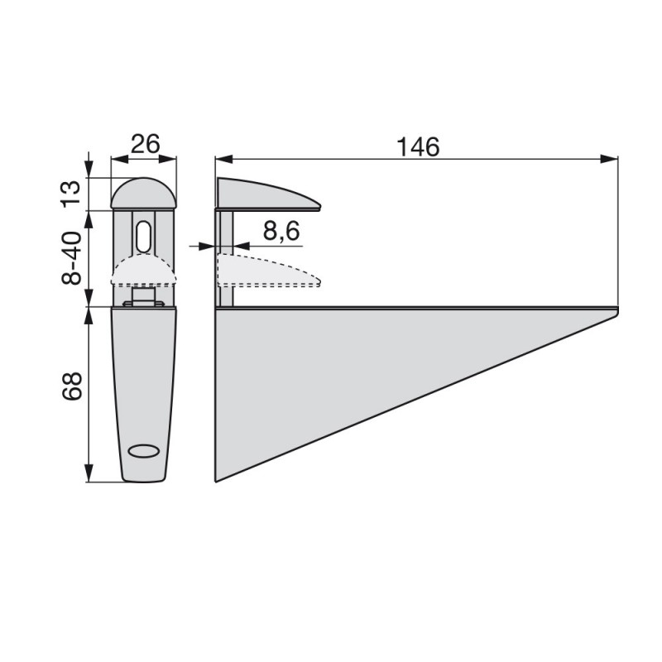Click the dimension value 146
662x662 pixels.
coord(417,146)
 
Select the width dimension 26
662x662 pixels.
coord(145,144)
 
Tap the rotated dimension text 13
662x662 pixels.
coord(73,192)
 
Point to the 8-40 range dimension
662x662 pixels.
coord(73,258)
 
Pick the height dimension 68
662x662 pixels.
coord(73,387)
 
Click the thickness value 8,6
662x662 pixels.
coord(281,233)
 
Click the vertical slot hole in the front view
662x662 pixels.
coord(144,237)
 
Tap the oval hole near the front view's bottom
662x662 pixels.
coord(144,451)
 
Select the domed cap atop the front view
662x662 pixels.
coord(144,194)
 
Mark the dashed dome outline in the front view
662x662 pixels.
coord(144,269)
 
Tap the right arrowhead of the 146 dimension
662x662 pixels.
coord(612,158)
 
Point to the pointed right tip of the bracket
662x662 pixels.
coord(616,311)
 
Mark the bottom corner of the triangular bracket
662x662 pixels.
coord(217,479)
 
